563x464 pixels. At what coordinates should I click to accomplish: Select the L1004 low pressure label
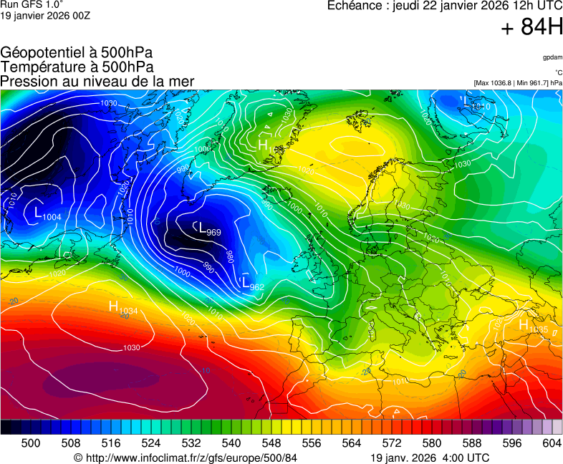tap(47, 214)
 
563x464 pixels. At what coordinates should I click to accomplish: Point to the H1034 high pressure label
tap(122, 309)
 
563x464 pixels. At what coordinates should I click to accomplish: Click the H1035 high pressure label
tap(533, 327)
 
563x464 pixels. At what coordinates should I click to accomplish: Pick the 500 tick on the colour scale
tap(31, 443)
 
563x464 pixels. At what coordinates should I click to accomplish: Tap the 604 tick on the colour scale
tap(552, 443)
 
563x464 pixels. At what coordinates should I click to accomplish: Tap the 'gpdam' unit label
tap(552, 57)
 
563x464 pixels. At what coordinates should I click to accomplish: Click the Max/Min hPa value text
tap(518, 83)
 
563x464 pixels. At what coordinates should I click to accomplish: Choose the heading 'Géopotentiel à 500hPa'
tap(77, 53)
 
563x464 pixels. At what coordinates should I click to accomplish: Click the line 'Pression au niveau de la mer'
tap(97, 82)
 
